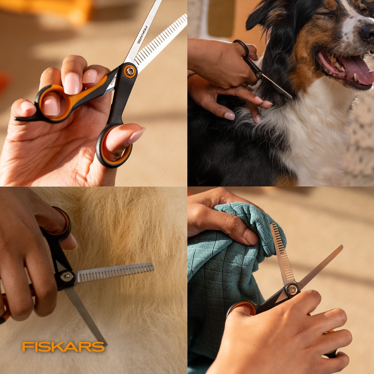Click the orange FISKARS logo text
(64, 347)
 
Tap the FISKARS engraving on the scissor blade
(142, 34)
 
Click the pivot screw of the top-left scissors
(130, 71)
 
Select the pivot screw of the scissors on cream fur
(67, 276)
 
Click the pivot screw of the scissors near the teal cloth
(292, 290)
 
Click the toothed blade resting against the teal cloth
(282, 253)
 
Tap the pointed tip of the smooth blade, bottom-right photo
(342, 246)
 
